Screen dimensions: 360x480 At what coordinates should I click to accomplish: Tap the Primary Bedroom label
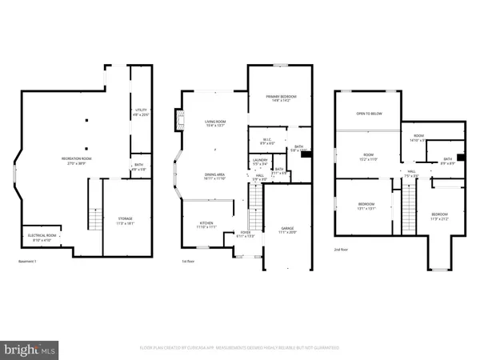point(275,98)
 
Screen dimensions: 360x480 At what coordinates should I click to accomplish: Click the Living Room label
point(216,123)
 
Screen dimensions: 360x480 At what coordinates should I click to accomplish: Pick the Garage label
point(287,230)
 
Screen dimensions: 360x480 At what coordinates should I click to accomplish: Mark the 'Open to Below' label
point(369,114)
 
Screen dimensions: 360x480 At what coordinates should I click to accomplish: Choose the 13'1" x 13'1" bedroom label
point(366,206)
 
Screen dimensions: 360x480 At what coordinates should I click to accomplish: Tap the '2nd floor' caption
point(343,250)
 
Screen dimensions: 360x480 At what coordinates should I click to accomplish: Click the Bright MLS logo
point(31,349)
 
